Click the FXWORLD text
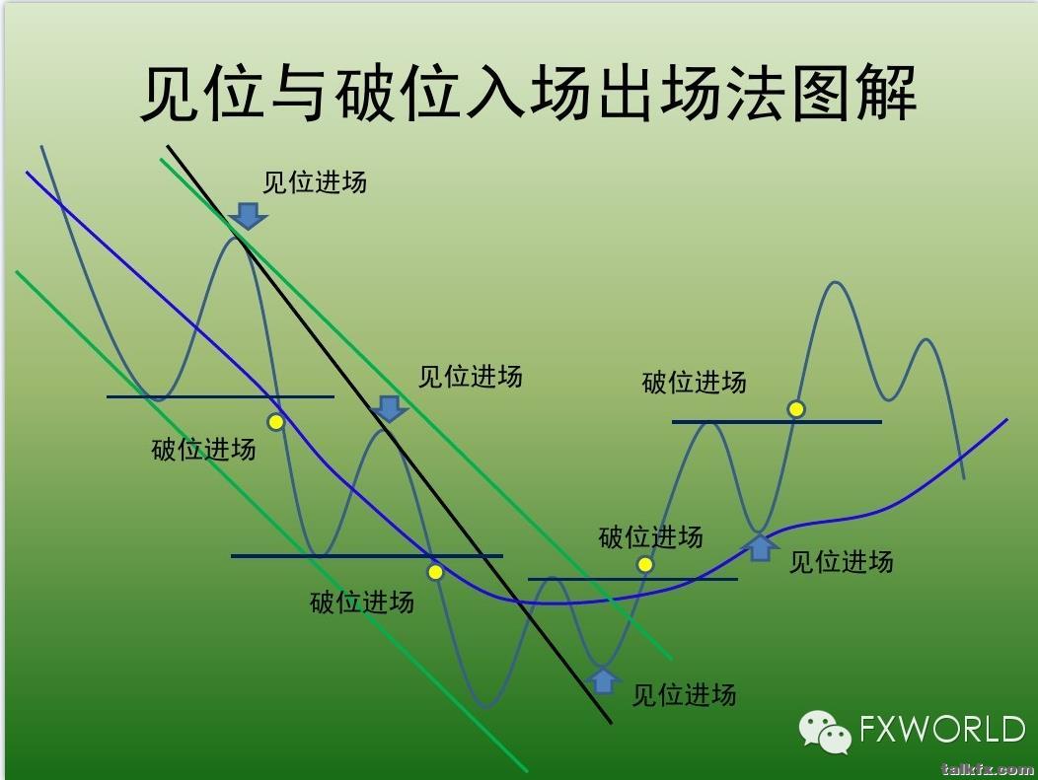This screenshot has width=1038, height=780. point(942,729)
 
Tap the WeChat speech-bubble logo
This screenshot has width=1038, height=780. point(825,732)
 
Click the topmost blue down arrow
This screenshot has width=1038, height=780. point(248,216)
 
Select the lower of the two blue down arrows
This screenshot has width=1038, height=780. point(389,409)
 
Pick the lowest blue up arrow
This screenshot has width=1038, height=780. point(603,680)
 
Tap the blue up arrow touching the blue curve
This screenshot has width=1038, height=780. point(761,548)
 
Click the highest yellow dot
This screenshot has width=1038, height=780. point(796,409)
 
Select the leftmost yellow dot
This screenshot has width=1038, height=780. point(275,421)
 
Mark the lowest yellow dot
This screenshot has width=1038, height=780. point(435,572)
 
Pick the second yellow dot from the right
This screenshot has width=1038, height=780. point(644,564)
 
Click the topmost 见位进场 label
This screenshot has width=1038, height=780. point(315,182)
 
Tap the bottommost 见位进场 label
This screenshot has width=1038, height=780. point(684,695)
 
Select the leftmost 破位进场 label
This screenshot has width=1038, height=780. point(203,450)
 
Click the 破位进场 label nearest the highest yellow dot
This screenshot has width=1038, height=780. point(694,383)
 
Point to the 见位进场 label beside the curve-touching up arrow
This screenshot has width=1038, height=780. point(841,562)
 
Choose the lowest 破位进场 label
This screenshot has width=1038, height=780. point(361,603)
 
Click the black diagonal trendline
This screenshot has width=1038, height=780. point(389,434)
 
